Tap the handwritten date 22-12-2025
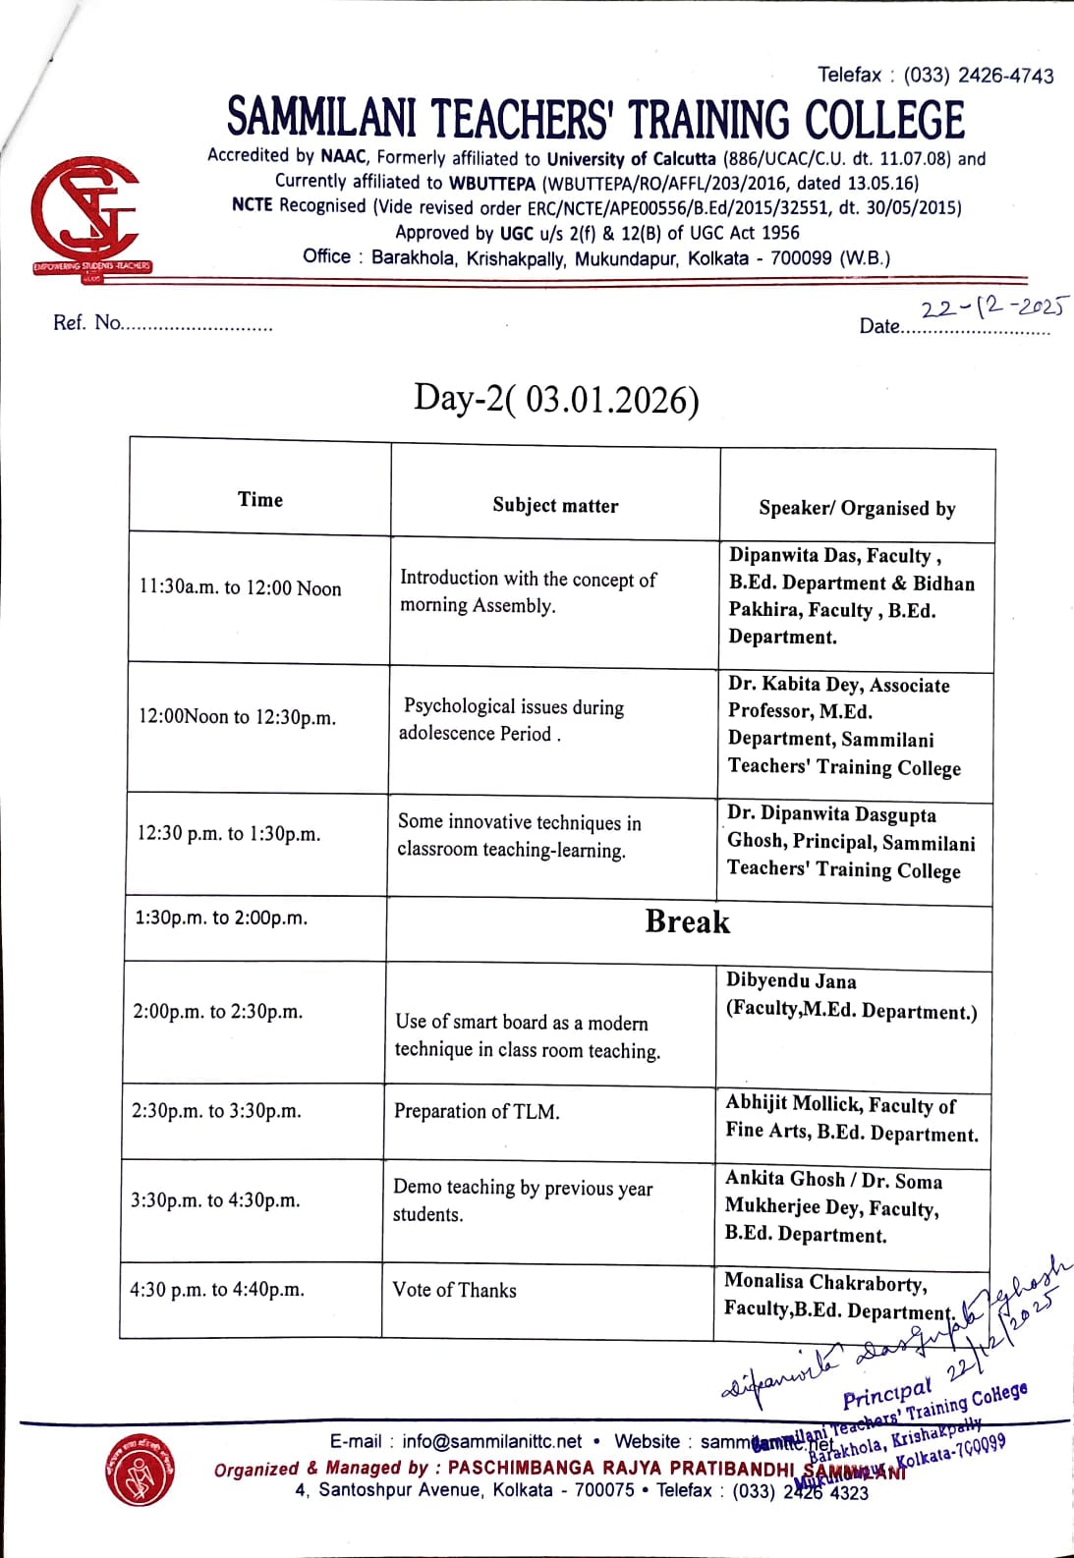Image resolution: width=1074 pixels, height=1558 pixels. [992, 307]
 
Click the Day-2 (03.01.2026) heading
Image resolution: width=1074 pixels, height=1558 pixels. [556, 399]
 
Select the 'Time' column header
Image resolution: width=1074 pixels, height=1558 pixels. [260, 499]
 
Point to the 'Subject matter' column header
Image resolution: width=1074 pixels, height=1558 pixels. [555, 505]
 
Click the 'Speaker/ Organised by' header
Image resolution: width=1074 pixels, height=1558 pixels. [857, 508]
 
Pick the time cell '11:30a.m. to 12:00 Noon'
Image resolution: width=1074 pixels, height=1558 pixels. [241, 587]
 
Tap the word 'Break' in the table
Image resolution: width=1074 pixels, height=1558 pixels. [688, 921]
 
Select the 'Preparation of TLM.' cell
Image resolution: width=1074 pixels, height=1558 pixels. [477, 1111]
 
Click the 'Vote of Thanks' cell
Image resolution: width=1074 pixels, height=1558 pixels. [454, 1290]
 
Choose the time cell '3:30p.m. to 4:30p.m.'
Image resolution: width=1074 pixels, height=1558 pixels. [216, 1199]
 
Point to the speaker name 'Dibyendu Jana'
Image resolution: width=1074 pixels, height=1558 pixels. [791, 980]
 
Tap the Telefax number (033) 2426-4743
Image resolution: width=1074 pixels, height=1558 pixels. [979, 76]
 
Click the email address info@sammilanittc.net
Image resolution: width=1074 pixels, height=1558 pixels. [491, 1441]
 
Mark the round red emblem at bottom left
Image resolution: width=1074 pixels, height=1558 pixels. [139, 1471]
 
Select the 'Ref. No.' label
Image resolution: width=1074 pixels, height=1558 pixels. [87, 322]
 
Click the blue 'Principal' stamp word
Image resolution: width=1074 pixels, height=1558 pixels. [886, 1394]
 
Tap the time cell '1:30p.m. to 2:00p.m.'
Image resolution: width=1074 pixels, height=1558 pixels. [221, 918]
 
